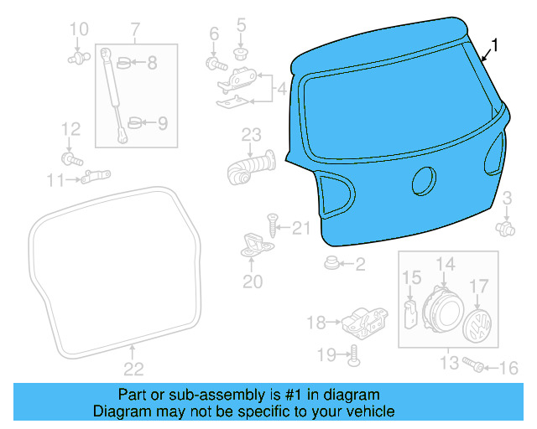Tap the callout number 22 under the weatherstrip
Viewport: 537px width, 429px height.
coord(134,369)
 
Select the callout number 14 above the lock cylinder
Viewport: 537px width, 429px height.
coord(446,264)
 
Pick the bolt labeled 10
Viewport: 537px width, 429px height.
coord(78,58)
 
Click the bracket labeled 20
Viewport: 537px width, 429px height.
coord(253,244)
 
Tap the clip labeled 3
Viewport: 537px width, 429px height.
coord(504,227)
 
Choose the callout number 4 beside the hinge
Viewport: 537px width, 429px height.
coord(282,87)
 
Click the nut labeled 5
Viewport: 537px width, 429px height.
coord(242,53)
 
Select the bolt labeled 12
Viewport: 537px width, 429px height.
coord(70,158)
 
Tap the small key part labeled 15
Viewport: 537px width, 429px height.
coord(411,314)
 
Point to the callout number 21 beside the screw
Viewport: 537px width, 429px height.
coord(301,228)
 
